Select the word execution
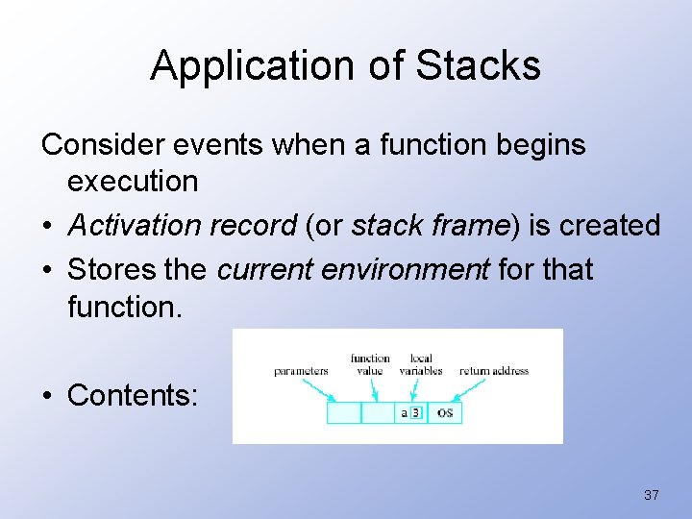(x=133, y=181)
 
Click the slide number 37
(x=652, y=495)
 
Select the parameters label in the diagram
(x=301, y=371)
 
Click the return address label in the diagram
(x=494, y=371)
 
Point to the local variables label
(x=420, y=364)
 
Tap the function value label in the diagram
(x=370, y=364)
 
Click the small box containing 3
(x=415, y=412)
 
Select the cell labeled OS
(x=444, y=412)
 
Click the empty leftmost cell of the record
(x=344, y=412)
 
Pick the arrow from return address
(x=467, y=387)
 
